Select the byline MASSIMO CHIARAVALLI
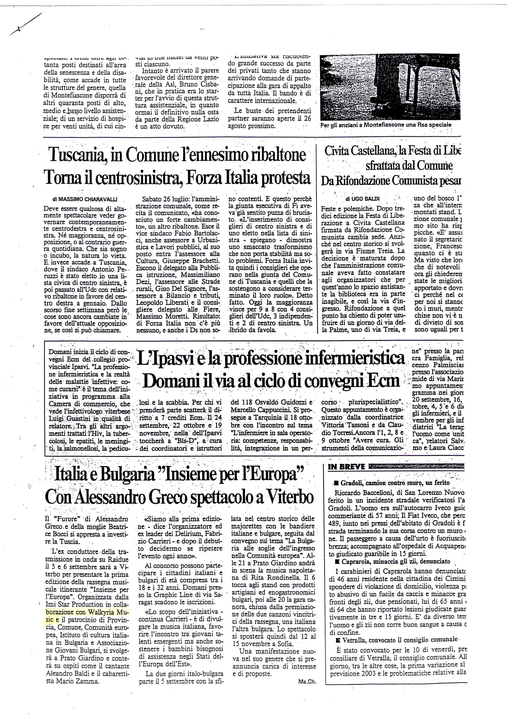[85, 198]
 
